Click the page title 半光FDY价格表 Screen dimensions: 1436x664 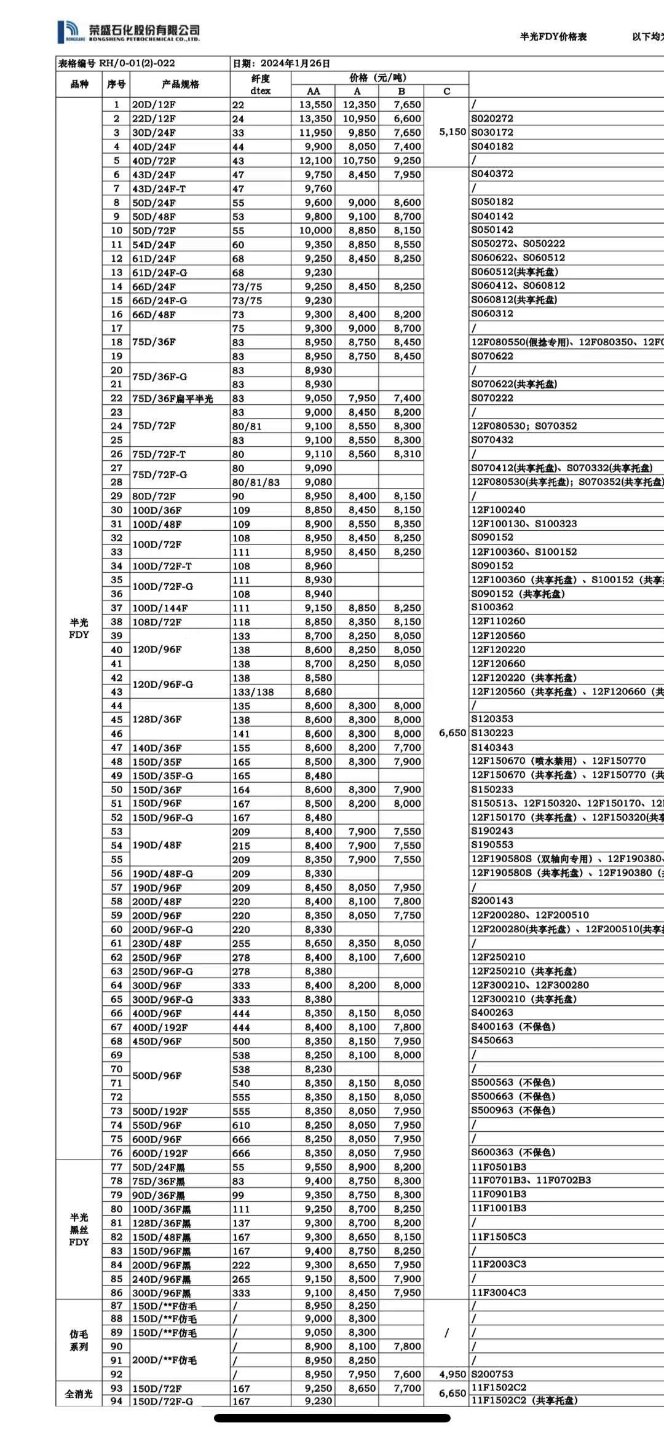pos(553,37)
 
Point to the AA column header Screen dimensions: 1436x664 pos(314,91)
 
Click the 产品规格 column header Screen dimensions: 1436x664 pos(180,84)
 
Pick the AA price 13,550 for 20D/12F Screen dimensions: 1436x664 pos(315,105)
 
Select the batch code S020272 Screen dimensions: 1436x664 pos(492,119)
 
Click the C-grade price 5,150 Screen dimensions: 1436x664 pos(452,132)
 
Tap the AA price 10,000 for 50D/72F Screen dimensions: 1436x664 pos(315,230)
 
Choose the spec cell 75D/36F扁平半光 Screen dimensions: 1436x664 pos(173,398)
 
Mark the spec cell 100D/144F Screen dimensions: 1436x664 pos(160,608)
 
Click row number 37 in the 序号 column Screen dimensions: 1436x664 pos(116,608)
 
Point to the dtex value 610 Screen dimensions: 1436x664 pos(241,1125)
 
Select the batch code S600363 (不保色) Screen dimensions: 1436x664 pos(513,1153)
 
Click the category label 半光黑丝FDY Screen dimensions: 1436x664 pos(79,1230)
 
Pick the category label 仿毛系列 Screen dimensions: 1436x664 pos(79,1340)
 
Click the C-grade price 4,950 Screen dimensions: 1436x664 pos(452,1374)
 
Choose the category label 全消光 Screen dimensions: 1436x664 pos(79,1394)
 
